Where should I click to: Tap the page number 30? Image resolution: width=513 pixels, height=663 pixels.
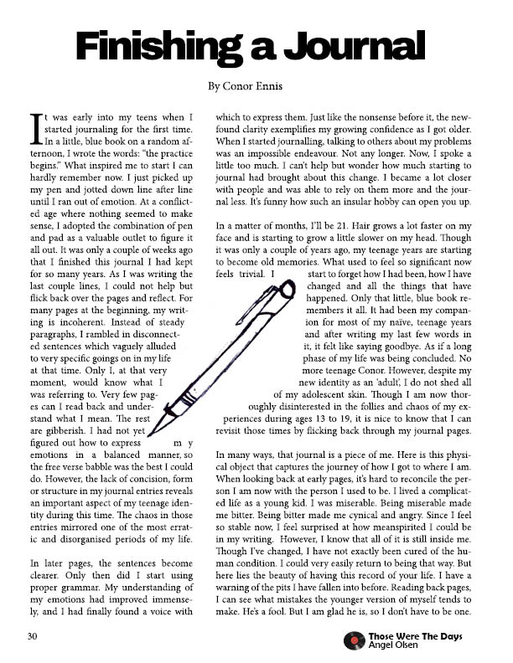click(31, 638)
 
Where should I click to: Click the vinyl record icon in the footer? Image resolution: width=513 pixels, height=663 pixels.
click(355, 641)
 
